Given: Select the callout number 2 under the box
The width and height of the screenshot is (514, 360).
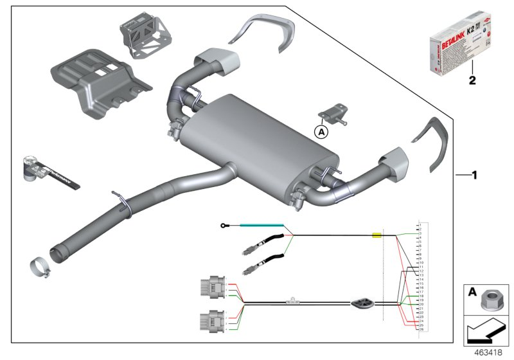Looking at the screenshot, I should click(x=472, y=81).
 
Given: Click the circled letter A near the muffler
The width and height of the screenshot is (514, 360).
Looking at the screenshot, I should click(x=321, y=132).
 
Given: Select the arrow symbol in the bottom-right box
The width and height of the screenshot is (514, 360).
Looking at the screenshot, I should click(x=486, y=333).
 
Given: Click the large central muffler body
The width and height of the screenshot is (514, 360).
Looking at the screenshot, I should click(x=257, y=138).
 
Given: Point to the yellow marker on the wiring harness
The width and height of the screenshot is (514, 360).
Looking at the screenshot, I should click(x=377, y=236).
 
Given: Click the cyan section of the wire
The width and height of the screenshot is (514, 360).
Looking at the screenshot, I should click(x=261, y=225).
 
